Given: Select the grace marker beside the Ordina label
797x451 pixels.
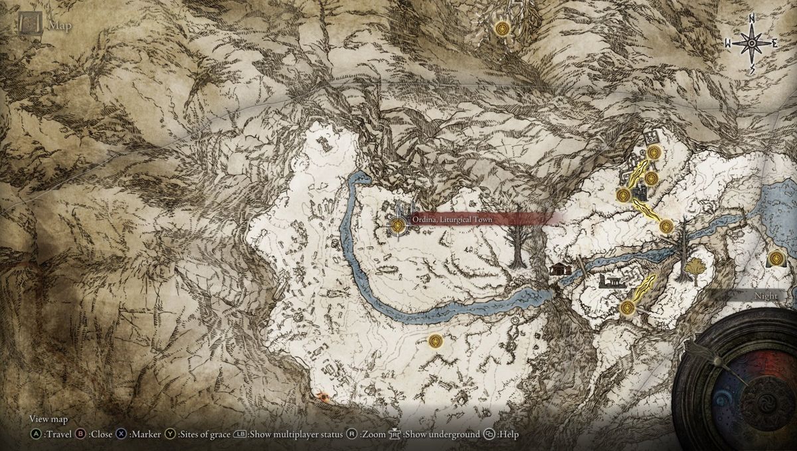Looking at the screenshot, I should [398, 226].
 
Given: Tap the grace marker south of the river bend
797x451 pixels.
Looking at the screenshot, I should [436, 341].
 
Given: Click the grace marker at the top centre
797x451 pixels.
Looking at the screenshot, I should [502, 29].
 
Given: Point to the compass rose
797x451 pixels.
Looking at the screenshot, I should [752, 43].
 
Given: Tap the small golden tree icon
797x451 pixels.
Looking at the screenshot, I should [695, 268].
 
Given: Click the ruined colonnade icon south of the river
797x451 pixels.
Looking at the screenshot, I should [609, 282].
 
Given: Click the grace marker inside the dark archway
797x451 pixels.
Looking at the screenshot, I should [774, 258].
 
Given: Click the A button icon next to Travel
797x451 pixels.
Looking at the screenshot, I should [35, 434].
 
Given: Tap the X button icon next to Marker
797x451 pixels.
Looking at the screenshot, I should [121, 434].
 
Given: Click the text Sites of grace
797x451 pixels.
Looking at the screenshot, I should [203, 434].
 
